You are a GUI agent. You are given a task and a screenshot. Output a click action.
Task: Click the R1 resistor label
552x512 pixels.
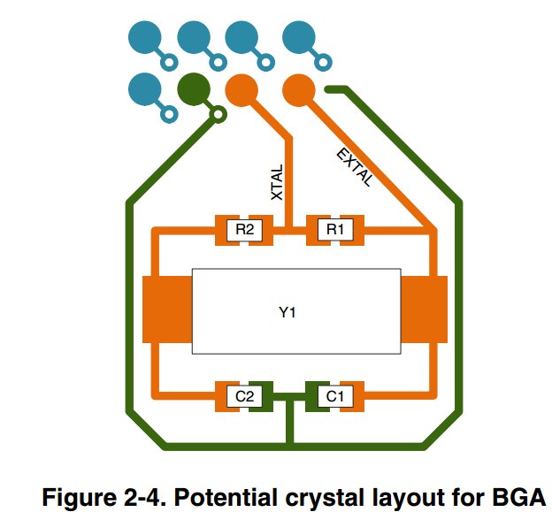(x=334, y=229)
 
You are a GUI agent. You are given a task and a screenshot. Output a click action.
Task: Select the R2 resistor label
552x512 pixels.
(x=244, y=229)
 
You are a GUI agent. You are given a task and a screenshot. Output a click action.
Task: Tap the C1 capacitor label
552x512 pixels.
(x=334, y=396)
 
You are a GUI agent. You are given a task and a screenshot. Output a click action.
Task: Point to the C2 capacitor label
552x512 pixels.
(x=244, y=396)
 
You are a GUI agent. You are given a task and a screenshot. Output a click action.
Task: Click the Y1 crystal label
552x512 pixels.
(x=287, y=312)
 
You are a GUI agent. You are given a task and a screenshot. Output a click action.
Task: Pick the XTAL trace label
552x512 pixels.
(x=277, y=182)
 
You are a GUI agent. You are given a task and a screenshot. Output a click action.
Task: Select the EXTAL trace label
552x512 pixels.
(x=355, y=167)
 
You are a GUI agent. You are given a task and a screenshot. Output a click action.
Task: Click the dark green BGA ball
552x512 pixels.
(x=194, y=89)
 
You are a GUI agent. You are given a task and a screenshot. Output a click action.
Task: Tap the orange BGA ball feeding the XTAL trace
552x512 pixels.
(x=241, y=90)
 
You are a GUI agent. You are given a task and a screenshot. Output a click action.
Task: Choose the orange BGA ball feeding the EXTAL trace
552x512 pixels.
(x=299, y=90)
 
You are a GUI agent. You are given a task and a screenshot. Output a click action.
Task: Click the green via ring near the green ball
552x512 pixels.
(x=218, y=114)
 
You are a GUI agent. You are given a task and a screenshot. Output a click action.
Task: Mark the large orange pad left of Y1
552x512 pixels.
(x=167, y=309)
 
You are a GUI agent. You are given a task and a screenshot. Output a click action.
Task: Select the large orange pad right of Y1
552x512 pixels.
(x=425, y=309)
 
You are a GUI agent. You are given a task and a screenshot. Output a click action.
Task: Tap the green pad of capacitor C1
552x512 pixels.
(x=312, y=396)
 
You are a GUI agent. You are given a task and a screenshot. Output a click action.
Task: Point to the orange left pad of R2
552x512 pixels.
(x=221, y=230)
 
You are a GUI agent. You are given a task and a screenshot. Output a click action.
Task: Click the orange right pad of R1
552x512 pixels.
(x=358, y=230)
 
